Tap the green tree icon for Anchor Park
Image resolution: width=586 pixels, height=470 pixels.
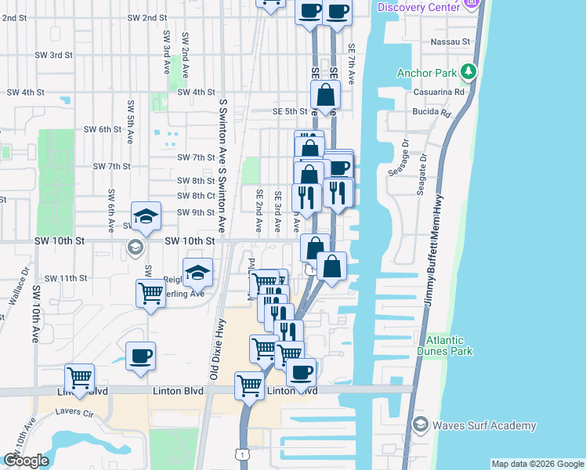[x=468, y=72]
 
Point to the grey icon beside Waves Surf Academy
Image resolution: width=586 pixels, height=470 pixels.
[x=419, y=425]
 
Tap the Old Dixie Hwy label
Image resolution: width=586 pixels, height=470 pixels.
[x=213, y=348]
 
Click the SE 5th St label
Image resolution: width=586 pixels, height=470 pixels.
[x=288, y=111]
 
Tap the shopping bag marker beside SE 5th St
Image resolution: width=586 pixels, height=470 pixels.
[x=325, y=96]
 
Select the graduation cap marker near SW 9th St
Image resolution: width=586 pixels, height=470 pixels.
[x=146, y=217]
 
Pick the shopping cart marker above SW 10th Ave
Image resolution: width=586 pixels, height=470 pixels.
[x=80, y=378]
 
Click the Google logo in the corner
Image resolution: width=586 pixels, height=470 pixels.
[x=26, y=461]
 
